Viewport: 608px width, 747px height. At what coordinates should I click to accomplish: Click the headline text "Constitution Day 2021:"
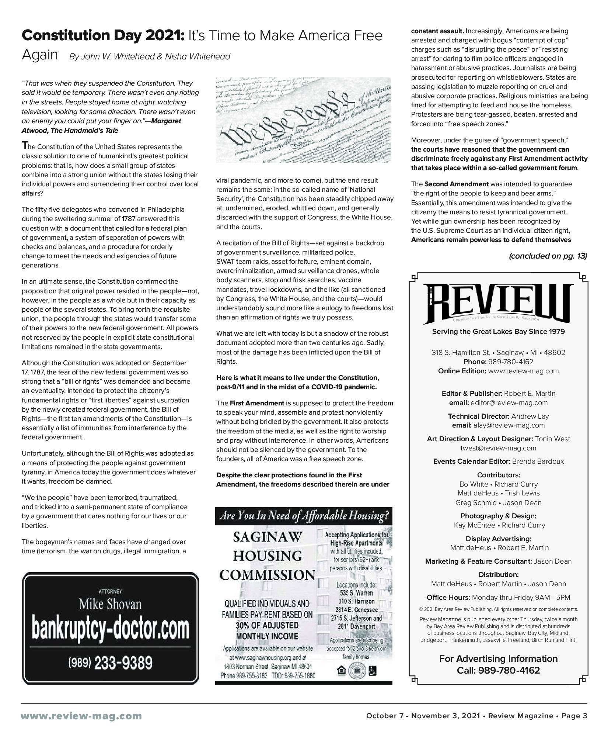[103, 36]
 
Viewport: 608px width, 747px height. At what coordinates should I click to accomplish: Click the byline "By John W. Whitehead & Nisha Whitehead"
[150, 56]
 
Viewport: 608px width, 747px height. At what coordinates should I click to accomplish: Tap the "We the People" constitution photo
[303, 120]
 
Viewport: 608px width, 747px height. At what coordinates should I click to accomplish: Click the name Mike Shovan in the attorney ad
[110, 604]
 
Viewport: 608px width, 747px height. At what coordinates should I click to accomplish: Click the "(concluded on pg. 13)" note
[548, 256]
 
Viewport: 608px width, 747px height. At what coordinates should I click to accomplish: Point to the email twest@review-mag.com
[498, 448]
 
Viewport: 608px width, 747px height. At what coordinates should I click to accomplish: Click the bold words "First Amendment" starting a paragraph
[257, 403]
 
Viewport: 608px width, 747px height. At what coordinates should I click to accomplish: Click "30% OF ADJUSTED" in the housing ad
[267, 625]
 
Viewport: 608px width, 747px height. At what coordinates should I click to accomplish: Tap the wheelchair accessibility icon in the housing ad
[373, 672]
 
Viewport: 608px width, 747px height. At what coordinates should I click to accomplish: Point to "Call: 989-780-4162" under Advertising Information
[498, 670]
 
